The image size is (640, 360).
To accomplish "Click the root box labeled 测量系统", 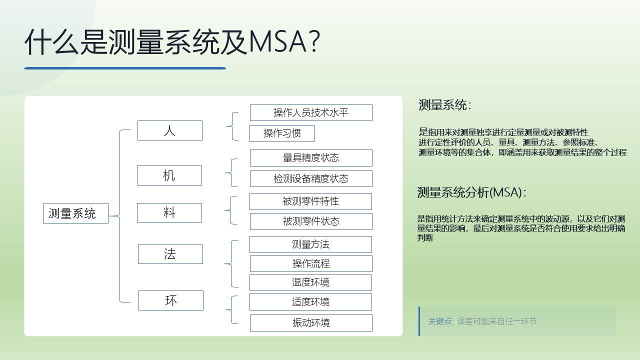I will [75, 213].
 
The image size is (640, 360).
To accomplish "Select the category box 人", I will [169, 130].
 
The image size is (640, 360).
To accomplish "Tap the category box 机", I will [169, 175].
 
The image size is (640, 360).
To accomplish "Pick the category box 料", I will [169, 212].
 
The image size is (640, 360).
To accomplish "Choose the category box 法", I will [170, 254].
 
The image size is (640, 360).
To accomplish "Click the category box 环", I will [170, 300].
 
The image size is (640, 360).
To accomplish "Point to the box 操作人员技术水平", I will [311, 112].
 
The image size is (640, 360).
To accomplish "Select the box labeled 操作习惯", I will [282, 133].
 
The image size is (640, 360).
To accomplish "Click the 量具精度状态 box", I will [311, 158].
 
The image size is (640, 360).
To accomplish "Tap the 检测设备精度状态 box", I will [311, 178].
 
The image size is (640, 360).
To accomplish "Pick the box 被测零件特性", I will [310, 201].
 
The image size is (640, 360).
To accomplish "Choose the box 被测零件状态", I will [311, 221].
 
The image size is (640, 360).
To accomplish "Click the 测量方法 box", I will [310, 244].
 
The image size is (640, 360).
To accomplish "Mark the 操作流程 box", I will [311, 263].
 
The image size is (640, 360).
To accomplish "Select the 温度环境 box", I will [310, 282].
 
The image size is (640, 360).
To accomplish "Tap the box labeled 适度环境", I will [310, 302].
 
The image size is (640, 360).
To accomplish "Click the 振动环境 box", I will [311, 323].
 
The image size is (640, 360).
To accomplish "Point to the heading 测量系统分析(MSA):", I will [471, 192].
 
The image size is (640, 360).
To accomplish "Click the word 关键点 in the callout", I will [440, 321].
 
